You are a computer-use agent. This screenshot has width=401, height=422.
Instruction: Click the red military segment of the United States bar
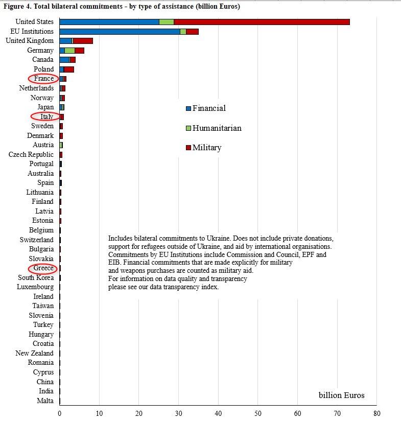point(262,22)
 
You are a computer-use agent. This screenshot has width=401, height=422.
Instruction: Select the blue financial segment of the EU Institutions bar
point(120,32)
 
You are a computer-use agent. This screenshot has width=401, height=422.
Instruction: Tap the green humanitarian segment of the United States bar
point(167,22)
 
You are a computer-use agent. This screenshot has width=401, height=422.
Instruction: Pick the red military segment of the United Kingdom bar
point(83,41)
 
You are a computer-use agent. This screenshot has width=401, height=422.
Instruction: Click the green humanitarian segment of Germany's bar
point(69,51)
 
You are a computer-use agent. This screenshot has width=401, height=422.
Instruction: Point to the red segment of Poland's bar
point(69,69)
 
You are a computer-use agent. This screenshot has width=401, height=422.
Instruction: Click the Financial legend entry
point(206,108)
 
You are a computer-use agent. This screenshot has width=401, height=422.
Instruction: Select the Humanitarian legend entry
point(214,128)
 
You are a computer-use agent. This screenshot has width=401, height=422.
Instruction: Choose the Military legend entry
point(204,148)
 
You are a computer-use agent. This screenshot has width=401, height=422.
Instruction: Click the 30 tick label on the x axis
point(178,413)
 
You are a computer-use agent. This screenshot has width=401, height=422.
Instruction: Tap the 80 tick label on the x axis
point(377,413)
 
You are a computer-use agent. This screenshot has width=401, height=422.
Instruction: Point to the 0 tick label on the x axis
point(59,413)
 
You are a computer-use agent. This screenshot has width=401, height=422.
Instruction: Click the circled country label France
point(44,78)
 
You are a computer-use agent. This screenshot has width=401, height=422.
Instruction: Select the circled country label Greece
point(43,268)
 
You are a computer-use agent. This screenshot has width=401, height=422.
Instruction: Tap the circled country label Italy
point(46,116)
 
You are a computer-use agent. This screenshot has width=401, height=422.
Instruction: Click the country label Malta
point(45,401)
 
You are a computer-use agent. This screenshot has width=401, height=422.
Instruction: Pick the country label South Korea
point(36,277)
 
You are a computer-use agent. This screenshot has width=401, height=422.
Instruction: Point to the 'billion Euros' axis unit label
point(342,395)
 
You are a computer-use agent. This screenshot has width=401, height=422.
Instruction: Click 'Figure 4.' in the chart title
point(17,7)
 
